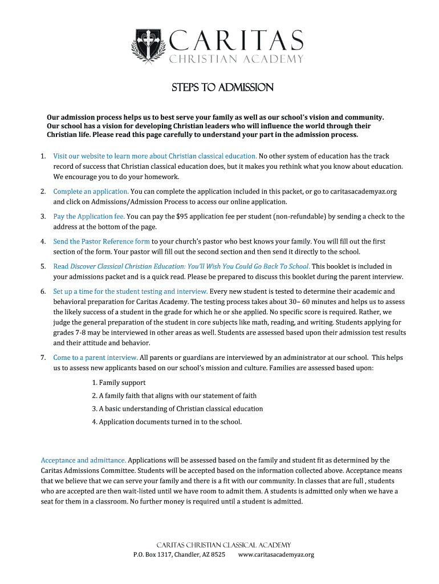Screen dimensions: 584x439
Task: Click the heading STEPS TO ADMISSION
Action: (x=223, y=88)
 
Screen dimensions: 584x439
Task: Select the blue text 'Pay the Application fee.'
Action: (x=89, y=216)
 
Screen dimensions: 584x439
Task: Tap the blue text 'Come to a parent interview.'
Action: (x=95, y=358)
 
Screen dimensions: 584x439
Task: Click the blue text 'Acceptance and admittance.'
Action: (x=83, y=460)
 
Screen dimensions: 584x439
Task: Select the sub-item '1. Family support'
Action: (x=119, y=383)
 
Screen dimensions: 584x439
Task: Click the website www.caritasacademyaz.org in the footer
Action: (x=276, y=554)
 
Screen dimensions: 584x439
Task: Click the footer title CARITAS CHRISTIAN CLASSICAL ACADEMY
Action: (x=223, y=545)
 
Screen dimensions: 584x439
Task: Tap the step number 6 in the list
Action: (x=43, y=291)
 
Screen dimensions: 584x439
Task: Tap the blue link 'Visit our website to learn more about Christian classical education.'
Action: (x=155, y=156)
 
